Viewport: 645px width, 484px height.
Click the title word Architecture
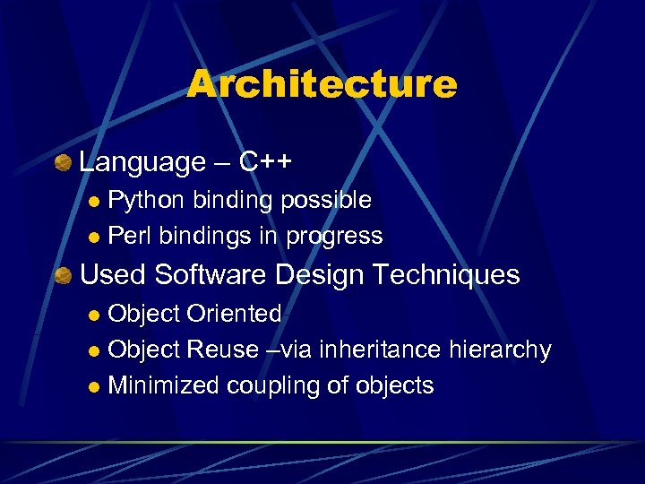click(x=322, y=85)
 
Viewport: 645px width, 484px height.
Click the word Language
click(x=142, y=162)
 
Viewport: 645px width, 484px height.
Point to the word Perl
click(x=126, y=237)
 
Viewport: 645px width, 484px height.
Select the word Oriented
click(x=234, y=314)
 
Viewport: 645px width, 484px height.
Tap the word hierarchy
click(x=507, y=350)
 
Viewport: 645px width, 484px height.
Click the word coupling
click(x=269, y=386)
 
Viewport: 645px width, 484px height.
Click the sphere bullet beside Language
click(x=63, y=163)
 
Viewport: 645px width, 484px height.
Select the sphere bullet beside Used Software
click(x=63, y=275)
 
